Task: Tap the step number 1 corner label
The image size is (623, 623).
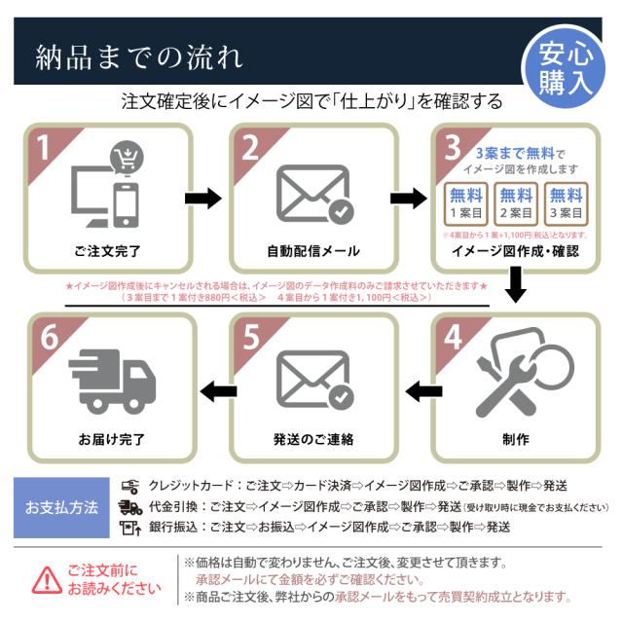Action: click(x=44, y=147)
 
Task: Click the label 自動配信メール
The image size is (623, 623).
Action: click(x=313, y=250)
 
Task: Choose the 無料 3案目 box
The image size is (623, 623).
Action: click(x=567, y=203)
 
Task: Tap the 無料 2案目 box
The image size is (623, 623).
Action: click(x=516, y=203)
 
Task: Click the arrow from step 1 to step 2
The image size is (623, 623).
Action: click(x=202, y=200)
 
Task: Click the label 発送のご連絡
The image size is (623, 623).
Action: click(x=313, y=438)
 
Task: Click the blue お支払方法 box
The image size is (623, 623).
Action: click(x=61, y=507)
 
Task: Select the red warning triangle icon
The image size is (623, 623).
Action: click(x=46, y=581)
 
